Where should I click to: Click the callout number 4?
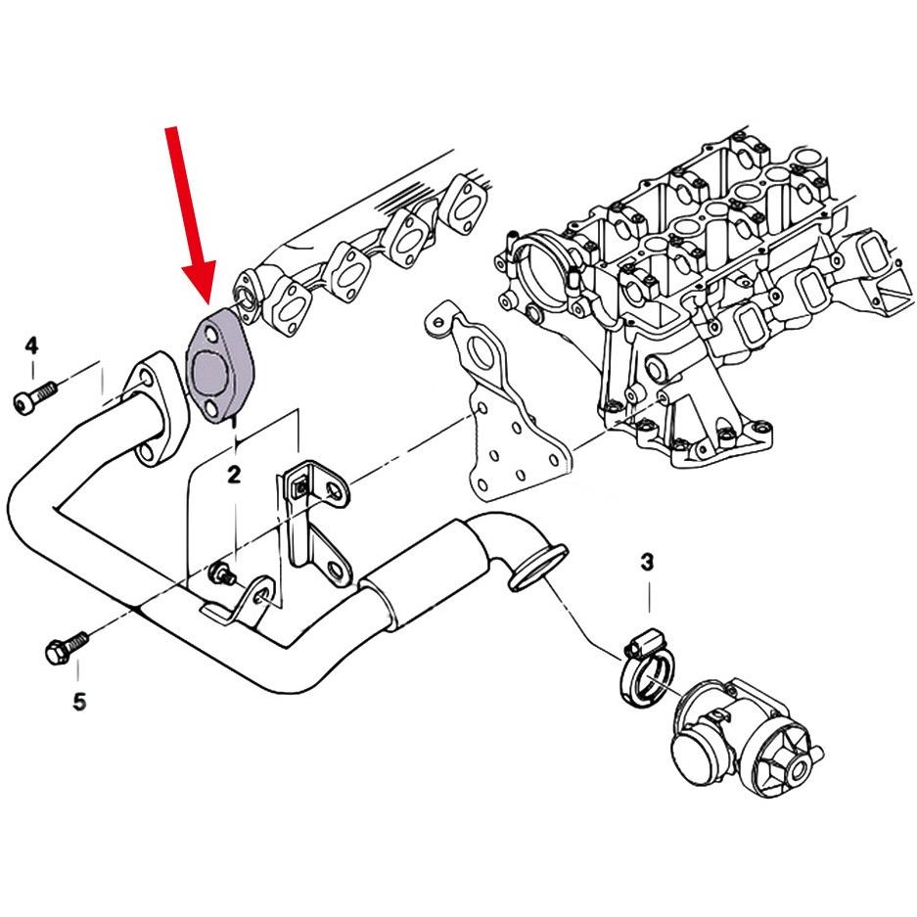(31, 345)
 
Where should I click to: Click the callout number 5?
(79, 701)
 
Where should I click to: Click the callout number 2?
(234, 475)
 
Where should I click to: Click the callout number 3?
(646, 563)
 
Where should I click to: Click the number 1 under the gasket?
(235, 420)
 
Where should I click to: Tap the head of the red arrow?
(199, 285)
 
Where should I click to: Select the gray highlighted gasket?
(216, 366)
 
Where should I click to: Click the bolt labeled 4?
(34, 397)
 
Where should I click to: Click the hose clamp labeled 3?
(646, 668)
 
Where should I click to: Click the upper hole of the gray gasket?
(210, 338)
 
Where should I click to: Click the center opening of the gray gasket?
(208, 373)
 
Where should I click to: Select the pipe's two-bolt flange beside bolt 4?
(154, 408)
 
